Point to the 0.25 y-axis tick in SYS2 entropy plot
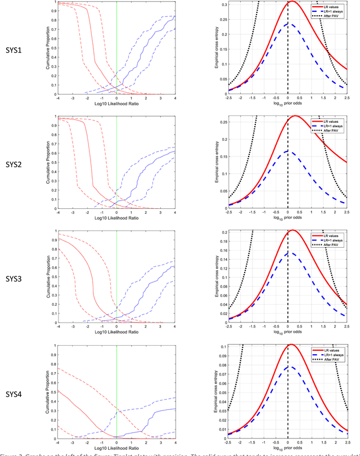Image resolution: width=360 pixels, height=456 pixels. pos(223,121)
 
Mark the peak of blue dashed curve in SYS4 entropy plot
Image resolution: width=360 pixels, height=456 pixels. pos(288,367)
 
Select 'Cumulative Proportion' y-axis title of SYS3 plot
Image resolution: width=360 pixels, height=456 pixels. pos(49,276)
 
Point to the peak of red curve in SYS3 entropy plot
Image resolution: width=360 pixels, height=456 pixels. pos(292,230)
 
